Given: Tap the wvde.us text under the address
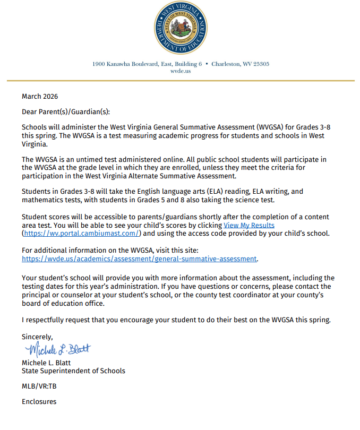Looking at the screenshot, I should coord(180,71).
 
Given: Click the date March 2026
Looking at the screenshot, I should coord(40,97).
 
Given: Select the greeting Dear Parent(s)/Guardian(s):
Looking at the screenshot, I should coord(66,112).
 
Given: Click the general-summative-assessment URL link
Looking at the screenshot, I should coord(139,259).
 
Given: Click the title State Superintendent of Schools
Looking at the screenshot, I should coord(73,371).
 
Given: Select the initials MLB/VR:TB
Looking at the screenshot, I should coord(39,386).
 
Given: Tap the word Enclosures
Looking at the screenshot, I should coord(39,401).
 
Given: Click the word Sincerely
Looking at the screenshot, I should coord(37,336).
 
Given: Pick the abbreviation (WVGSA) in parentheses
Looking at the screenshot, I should coord(274,127).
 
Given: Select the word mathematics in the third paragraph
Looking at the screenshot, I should coord(42,200).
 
